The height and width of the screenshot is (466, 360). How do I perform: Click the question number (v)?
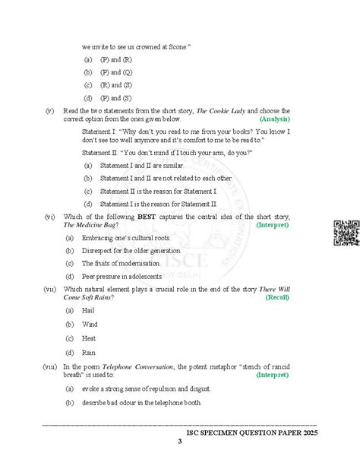(49, 111)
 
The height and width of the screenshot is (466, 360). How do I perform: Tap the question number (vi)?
(49, 217)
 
